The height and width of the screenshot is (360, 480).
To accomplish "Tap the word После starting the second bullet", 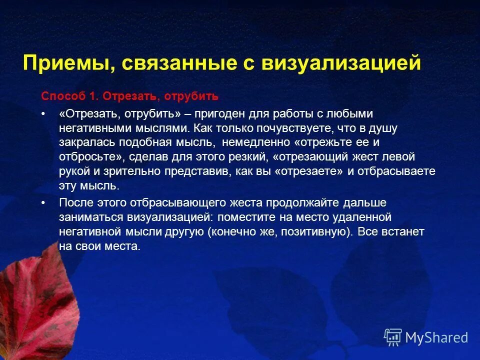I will coord(74,203).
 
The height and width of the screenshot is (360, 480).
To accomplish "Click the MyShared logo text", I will coord(436,337).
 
